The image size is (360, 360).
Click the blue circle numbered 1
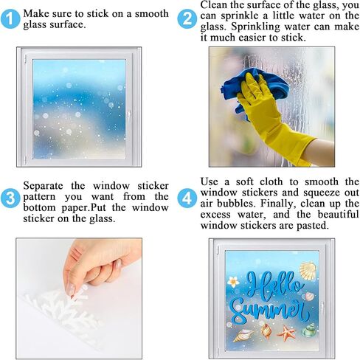coord(10,19)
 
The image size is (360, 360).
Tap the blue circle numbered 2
coord(187,19)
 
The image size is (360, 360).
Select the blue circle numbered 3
coord(10,198)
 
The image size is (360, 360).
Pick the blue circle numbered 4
coord(187,198)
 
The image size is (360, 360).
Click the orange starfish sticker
coord(286,333)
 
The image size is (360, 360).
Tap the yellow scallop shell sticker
coord(308,271)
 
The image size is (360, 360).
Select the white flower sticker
coord(233,282)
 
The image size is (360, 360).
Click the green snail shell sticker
coord(309,330)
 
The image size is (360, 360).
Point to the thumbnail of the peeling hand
coord(79,298)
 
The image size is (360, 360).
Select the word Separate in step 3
coord(43,186)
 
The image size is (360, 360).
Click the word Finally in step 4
coord(277,204)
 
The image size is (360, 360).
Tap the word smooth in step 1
coord(152,14)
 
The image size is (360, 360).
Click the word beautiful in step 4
coord(339,215)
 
